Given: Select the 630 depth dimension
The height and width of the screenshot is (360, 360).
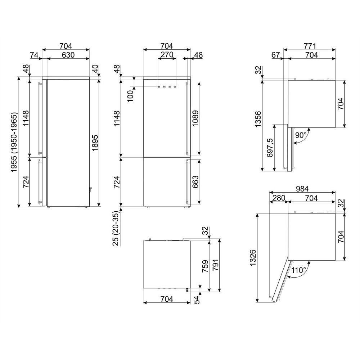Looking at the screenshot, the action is click(68, 55).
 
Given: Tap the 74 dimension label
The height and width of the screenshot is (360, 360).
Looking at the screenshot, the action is click(34, 55).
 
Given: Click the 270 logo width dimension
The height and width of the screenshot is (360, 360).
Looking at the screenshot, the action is click(167, 55).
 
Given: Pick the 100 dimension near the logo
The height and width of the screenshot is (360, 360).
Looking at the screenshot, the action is click(130, 96).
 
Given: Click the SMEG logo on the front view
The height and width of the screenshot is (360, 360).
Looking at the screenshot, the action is click(167, 87).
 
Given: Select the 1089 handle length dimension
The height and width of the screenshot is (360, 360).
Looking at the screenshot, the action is click(195, 118).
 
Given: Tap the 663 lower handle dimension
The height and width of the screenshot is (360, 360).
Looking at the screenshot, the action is click(195, 181).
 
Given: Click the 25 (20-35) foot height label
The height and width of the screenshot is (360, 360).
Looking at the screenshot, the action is click(117, 229).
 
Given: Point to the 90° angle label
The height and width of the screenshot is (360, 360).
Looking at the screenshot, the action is click(301, 135).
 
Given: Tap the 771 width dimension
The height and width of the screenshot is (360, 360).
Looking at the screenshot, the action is click(310, 46).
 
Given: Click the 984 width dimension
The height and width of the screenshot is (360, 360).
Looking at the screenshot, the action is click(302, 189).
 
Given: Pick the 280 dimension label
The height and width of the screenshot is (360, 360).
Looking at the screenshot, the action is click(279, 198).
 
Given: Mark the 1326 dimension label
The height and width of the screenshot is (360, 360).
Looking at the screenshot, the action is click(253, 258).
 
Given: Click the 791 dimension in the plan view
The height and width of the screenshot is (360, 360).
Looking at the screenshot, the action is click(216, 265).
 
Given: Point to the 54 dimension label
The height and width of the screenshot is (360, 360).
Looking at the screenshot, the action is click(197, 300).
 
